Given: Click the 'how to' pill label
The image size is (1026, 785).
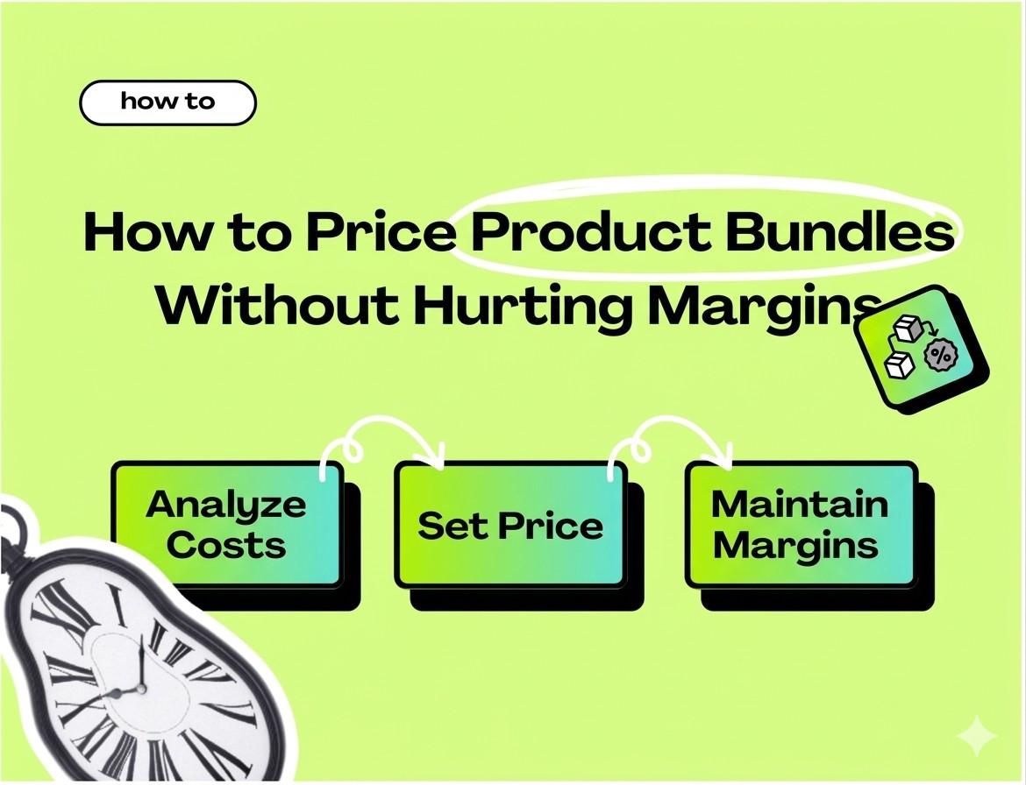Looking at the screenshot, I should (x=167, y=103).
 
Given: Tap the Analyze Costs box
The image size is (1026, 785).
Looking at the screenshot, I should (x=226, y=525).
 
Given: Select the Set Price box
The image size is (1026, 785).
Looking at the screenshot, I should (x=510, y=525).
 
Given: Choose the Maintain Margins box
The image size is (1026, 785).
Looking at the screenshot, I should (x=800, y=525).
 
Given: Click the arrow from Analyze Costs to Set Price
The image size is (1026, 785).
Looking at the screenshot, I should (x=382, y=439).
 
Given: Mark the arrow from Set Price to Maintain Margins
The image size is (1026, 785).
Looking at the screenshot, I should (x=671, y=439).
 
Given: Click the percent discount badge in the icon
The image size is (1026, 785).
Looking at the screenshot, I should (x=942, y=356).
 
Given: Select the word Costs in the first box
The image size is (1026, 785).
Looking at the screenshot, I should (x=226, y=545).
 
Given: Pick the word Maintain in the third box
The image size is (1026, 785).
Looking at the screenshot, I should (x=800, y=504).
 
